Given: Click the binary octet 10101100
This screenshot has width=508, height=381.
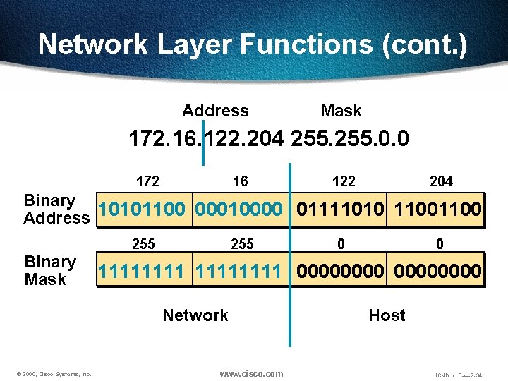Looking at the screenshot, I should coord(145,210).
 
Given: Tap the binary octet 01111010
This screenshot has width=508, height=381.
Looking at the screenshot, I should coord(341,210).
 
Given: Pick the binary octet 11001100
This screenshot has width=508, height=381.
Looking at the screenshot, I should coord(437,210).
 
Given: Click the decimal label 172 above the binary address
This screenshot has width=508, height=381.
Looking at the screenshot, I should coord(147,181).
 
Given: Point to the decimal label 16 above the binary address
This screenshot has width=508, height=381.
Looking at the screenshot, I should coord(241,181).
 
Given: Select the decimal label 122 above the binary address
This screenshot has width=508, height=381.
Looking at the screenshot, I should coord(344,181).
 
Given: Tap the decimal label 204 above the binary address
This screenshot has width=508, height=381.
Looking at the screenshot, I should coord(441,181).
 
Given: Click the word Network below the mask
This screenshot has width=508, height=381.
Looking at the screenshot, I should coord(195,315).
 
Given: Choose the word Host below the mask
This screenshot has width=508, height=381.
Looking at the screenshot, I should coord(387,315).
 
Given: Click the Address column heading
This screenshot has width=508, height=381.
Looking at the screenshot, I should coord(215,111).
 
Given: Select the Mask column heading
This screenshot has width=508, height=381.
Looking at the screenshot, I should coord(341,111).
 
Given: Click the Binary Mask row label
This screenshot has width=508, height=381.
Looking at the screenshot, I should coord(50,271).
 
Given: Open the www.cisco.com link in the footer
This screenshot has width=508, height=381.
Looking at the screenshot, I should coord(251,373).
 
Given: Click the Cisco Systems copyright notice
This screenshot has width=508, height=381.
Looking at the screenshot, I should coord(54,374).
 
